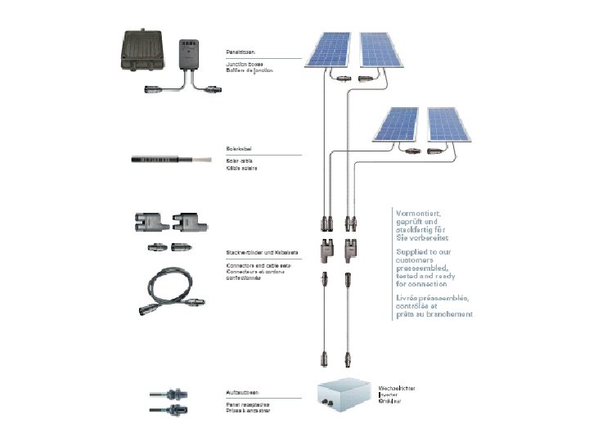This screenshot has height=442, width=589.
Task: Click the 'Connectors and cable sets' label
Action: pos(259,266)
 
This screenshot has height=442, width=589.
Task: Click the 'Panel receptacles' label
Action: pos(249,404)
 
